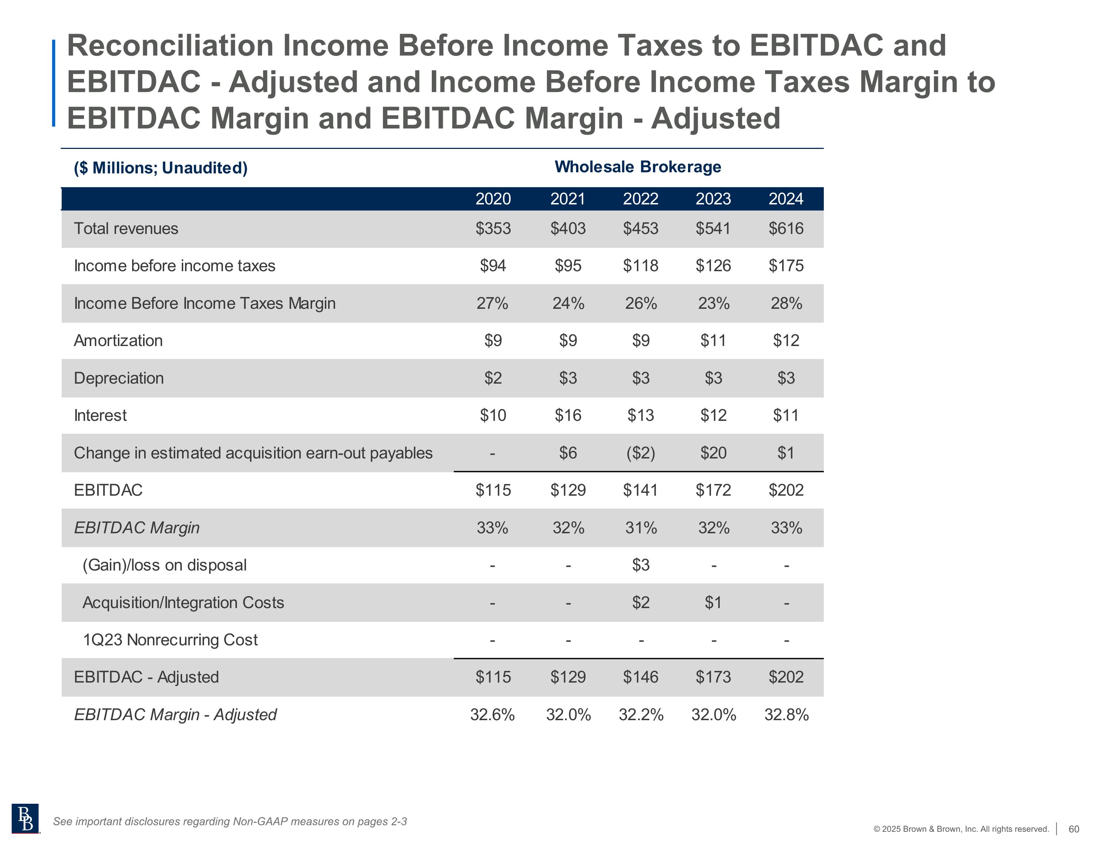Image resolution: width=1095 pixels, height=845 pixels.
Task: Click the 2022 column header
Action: coord(640,199)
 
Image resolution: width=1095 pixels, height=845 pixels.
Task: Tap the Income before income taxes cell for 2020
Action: coord(492,266)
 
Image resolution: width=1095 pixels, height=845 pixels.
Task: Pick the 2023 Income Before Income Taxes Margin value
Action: coord(714,303)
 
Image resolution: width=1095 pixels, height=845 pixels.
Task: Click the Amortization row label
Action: coord(118,341)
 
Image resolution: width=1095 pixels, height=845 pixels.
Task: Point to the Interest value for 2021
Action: coord(568,415)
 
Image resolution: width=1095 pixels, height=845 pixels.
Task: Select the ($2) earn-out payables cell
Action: coord(640,453)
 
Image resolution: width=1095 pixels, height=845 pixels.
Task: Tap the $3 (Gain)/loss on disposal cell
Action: coord(640,565)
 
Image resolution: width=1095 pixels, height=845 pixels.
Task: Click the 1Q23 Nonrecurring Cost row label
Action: coord(170,640)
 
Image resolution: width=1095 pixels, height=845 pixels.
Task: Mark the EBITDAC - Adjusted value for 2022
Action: coord(640,677)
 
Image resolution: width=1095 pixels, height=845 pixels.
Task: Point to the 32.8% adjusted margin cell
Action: coord(786,715)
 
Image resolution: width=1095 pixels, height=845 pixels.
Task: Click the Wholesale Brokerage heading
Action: coord(638,167)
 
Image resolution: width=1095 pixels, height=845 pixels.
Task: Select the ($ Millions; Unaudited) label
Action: coord(161,168)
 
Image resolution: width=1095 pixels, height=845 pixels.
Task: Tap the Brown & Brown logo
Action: coord(25,818)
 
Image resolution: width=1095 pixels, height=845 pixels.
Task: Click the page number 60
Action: coord(1073,829)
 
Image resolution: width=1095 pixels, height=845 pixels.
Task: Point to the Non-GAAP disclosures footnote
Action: coord(230,821)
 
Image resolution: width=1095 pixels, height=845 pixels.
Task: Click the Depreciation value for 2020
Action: coord(492,378)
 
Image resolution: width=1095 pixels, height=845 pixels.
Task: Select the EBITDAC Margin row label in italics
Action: coord(137,527)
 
